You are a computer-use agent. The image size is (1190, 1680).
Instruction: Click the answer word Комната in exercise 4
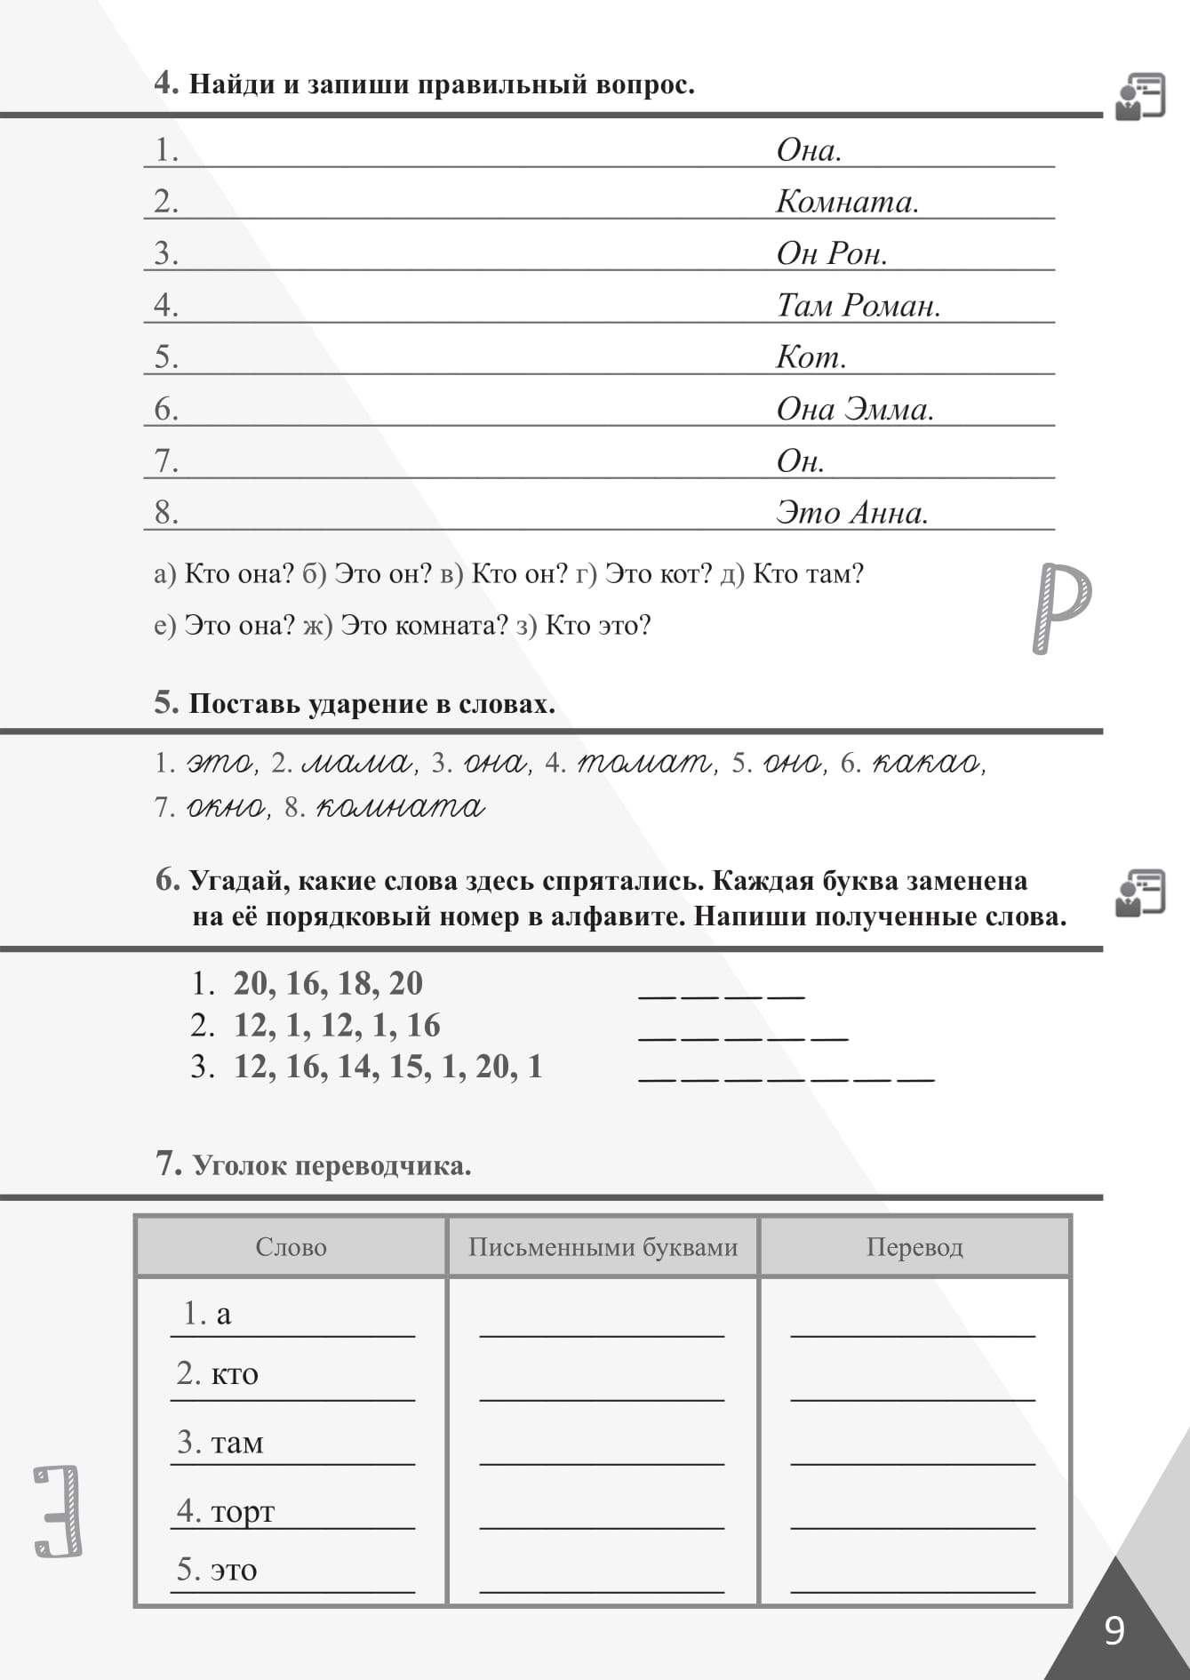tap(846, 202)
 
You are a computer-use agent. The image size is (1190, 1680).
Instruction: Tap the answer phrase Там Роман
tap(858, 306)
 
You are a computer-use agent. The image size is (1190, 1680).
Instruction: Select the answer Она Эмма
tap(854, 409)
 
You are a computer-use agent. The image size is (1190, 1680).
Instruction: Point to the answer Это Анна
tap(851, 513)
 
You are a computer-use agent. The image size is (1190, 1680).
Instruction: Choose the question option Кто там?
tap(808, 574)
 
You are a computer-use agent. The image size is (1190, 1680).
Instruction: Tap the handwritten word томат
tap(644, 763)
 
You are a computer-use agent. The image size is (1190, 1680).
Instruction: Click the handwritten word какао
tap(926, 763)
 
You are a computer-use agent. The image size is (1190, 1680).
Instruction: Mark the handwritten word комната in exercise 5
tap(400, 807)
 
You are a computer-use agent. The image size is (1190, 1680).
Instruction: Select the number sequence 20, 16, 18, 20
tap(328, 983)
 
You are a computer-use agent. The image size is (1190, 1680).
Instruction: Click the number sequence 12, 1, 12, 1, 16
tap(337, 1025)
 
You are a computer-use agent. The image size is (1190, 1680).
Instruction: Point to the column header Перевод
tap(914, 1247)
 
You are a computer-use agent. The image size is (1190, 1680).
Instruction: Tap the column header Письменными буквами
tap(603, 1247)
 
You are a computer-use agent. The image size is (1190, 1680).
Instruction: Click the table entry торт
tap(242, 1510)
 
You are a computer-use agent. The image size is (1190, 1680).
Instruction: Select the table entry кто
tap(234, 1374)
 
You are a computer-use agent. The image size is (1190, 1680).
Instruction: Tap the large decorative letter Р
tap(1061, 607)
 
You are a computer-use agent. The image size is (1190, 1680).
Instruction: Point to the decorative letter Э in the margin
tap(59, 1511)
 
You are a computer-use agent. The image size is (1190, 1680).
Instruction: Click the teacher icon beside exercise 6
tap(1140, 892)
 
